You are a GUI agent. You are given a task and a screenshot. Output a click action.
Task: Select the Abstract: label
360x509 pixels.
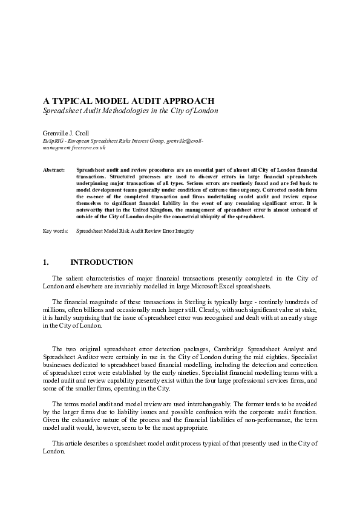[54, 172]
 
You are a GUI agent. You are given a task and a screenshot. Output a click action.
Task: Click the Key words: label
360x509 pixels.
[55, 231]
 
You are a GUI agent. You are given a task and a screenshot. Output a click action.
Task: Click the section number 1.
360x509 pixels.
[45, 262]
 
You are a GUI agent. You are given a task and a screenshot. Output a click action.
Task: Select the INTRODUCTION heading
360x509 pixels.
[102, 262]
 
